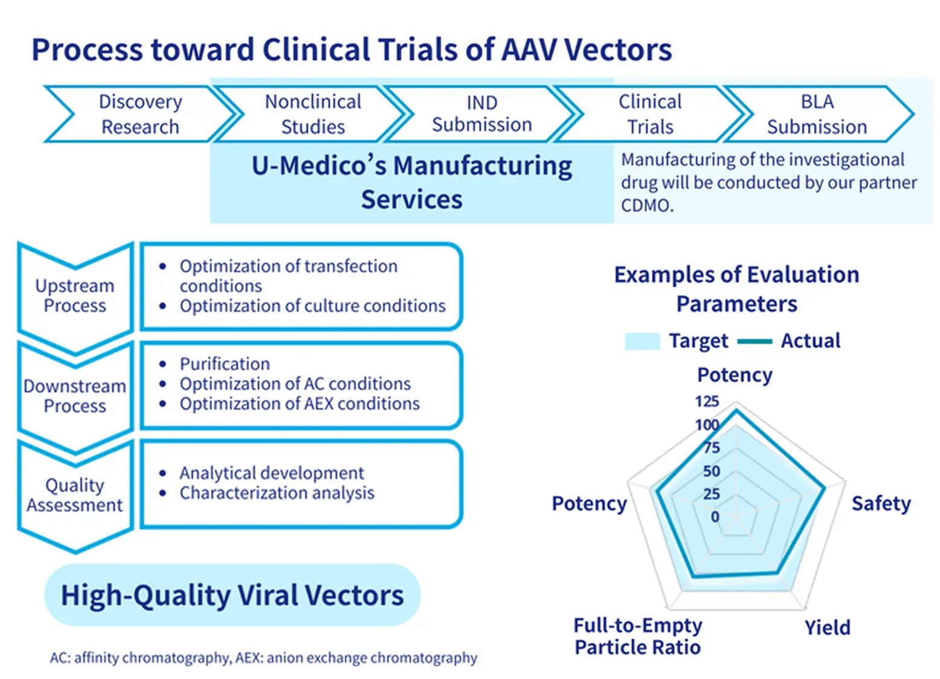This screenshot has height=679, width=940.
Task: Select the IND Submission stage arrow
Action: [481, 114]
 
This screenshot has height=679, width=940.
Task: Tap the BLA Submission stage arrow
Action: [817, 114]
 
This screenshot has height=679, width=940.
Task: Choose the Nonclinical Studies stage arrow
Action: [313, 114]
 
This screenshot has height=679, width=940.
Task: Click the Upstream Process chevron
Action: [75, 295]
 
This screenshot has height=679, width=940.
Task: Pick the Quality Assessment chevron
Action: [75, 495]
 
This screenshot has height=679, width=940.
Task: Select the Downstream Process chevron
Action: [75, 396]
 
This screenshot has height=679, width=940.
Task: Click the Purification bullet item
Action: [225, 364]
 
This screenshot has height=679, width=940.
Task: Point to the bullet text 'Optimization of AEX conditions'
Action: [300, 404]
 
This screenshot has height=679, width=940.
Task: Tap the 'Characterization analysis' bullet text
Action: [277, 493]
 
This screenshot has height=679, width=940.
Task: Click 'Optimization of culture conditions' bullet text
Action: [312, 306]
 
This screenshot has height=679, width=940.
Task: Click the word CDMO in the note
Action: [646, 205]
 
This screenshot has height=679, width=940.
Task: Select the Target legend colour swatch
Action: [642, 341]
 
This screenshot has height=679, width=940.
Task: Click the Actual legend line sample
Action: [755, 341]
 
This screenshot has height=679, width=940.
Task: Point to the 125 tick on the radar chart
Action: [707, 402]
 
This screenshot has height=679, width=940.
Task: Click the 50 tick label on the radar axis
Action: [711, 471]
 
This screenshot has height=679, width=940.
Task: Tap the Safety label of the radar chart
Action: [881, 503]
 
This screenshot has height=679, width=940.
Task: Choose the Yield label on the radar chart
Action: [827, 628]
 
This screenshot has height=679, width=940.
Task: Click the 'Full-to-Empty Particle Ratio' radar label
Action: [637, 636]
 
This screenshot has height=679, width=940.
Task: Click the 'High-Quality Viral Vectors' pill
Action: [232, 595]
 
